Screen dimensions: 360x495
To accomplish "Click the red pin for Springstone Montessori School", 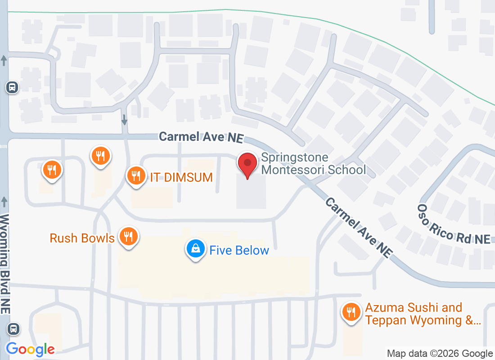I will click(247, 164).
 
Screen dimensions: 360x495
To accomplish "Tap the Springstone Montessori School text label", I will click(313, 164).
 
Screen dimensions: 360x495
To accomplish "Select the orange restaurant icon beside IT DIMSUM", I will click(135, 175).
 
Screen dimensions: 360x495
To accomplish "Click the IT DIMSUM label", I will click(181, 177).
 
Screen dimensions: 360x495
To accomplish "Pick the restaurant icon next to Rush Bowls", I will click(129, 236).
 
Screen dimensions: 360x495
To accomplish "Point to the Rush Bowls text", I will click(82, 238).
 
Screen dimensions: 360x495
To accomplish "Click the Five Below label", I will click(239, 251).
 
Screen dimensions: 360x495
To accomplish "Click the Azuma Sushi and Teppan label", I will click(423, 314).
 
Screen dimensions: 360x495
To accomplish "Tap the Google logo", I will click(31, 349).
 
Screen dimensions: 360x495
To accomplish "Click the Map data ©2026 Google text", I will click(440, 354).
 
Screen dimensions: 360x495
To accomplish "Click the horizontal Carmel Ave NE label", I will click(201, 137).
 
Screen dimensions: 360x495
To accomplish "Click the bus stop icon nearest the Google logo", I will click(14, 329).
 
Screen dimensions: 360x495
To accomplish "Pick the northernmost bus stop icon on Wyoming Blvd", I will click(12, 87).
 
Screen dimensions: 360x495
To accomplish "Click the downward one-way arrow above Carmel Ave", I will click(124, 120).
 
